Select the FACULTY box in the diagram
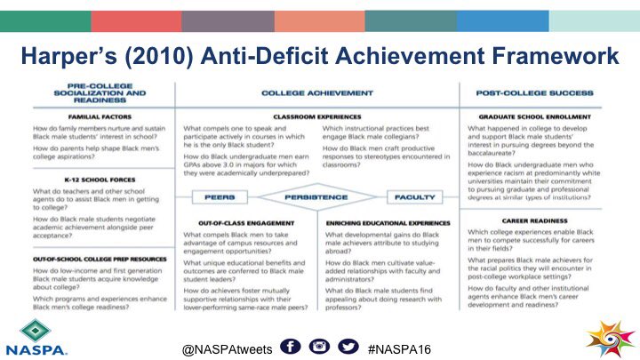tap(420, 196)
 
